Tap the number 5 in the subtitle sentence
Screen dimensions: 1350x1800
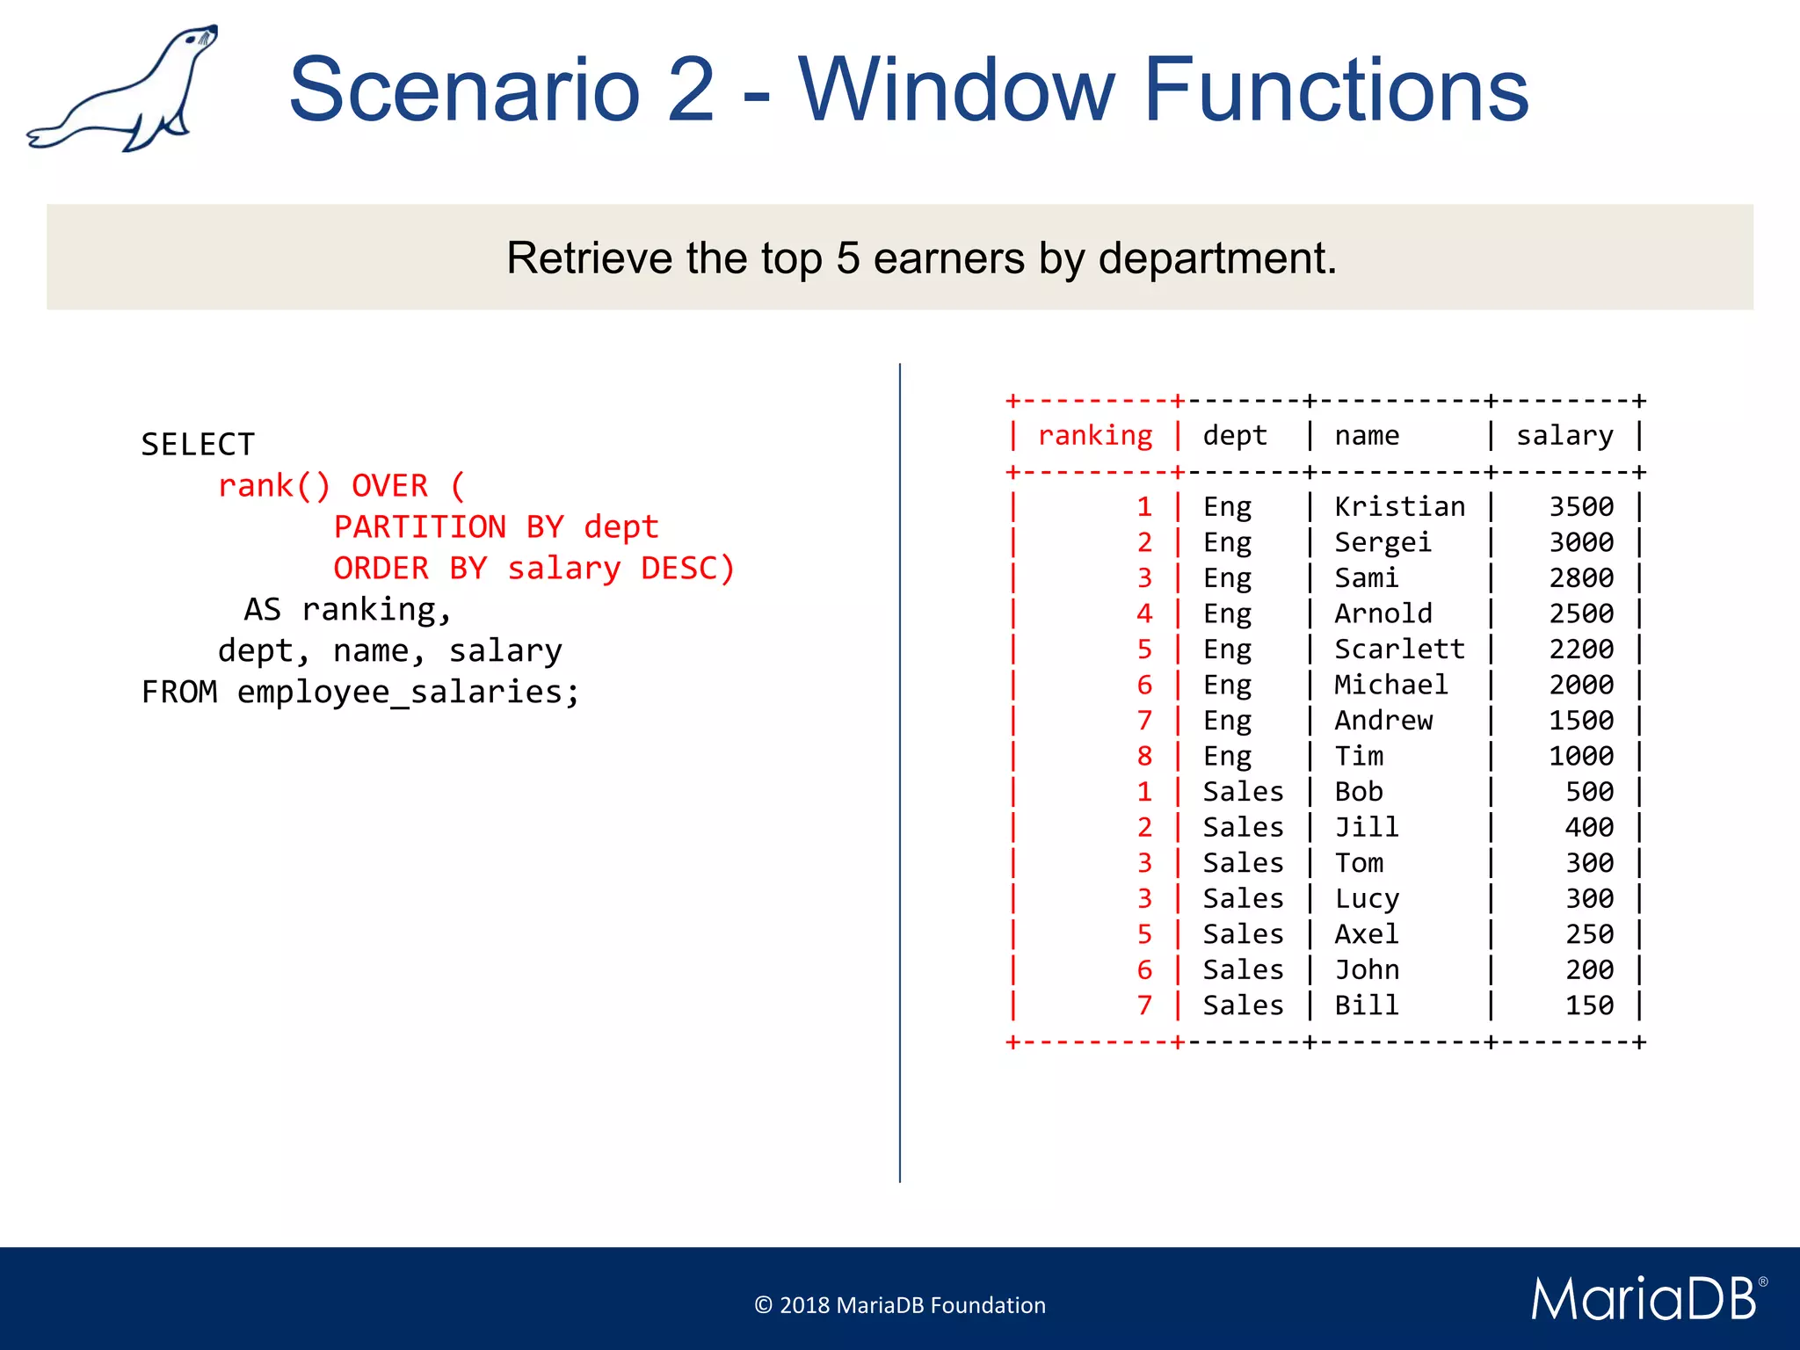pyautogui.click(x=847, y=258)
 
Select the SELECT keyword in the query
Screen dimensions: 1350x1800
pyautogui.click(x=198, y=445)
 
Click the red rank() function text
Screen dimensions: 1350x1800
pyautogui.click(x=273, y=485)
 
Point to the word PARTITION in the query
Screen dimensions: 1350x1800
pyautogui.click(x=419, y=526)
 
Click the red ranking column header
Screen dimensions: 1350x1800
pyautogui.click(x=1094, y=436)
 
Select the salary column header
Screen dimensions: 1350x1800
pyautogui.click(x=1564, y=436)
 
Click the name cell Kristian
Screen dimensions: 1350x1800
pyautogui.click(x=1399, y=507)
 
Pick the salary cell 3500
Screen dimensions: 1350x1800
pyautogui.click(x=1580, y=507)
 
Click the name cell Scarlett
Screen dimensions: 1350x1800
pyautogui.click(x=1399, y=650)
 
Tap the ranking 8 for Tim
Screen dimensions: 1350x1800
pyautogui.click(x=1143, y=756)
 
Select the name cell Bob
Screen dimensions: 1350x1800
pyautogui.click(x=1359, y=792)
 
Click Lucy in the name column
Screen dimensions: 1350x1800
pyautogui.click(x=1367, y=898)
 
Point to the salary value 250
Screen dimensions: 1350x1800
pyautogui.click(x=1589, y=934)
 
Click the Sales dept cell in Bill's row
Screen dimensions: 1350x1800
pyautogui.click(x=1243, y=1005)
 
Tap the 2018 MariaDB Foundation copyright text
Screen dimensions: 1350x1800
pyautogui.click(x=900, y=1305)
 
